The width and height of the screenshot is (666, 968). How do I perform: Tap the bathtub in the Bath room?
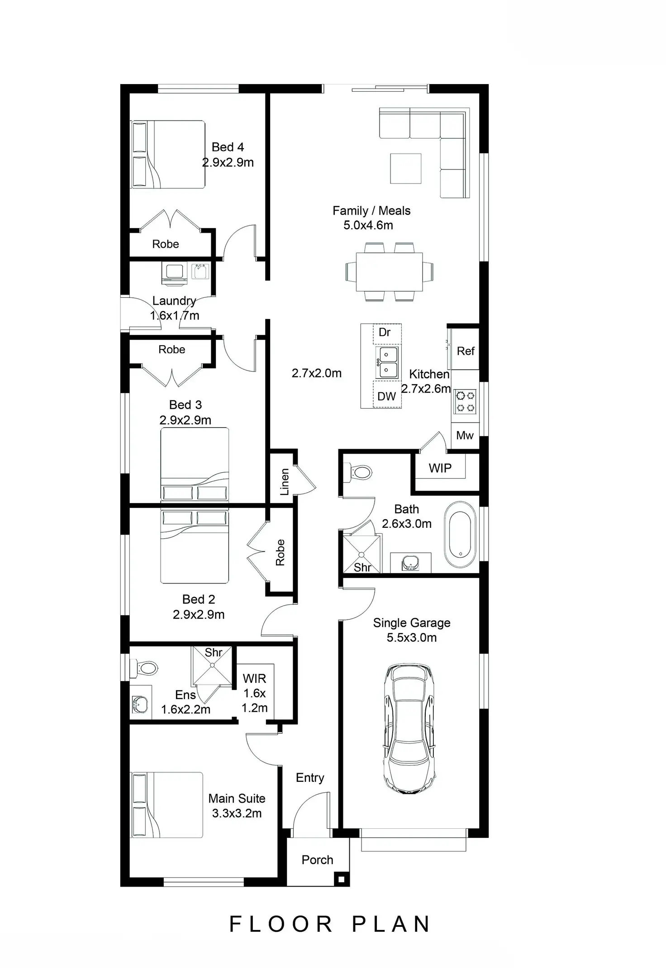(460, 534)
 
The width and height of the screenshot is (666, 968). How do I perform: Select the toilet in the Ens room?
(144, 668)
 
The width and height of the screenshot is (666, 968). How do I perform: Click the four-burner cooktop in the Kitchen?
(465, 402)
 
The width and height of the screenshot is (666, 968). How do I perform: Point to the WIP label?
(440, 468)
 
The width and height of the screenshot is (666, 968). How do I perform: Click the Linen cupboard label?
(285, 482)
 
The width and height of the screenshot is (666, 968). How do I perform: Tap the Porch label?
(317, 860)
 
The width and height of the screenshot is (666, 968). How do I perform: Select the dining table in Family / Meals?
(389, 272)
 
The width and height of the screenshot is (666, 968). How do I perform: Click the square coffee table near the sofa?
(406, 168)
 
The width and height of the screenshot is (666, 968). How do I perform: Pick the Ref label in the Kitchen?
(466, 351)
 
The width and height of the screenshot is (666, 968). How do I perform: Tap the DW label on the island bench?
(386, 396)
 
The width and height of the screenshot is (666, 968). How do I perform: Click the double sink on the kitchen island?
(387, 362)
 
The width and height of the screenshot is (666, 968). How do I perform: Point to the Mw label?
(465, 435)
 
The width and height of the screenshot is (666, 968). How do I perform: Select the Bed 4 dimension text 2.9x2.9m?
(228, 162)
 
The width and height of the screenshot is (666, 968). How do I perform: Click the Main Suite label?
(237, 799)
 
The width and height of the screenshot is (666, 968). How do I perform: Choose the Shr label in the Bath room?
(362, 568)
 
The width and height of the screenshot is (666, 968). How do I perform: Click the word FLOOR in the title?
(281, 925)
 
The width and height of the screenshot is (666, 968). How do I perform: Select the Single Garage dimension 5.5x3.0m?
(411, 638)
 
